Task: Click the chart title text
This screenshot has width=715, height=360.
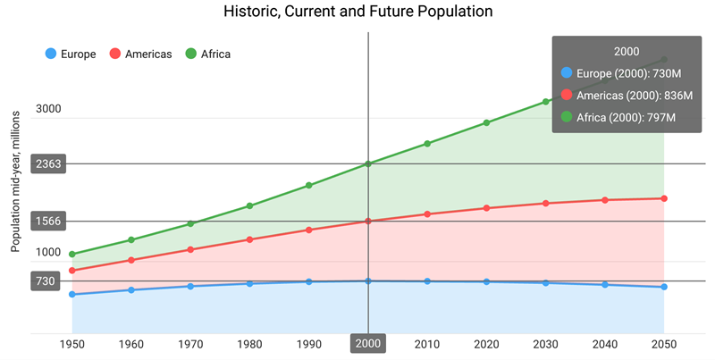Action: click(357, 12)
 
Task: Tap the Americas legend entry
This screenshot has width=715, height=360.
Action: click(141, 54)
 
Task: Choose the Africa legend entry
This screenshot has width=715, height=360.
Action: click(207, 54)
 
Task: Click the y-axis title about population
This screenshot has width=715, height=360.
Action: click(15, 182)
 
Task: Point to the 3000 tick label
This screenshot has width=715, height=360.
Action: click(48, 110)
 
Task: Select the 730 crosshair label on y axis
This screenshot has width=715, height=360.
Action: click(46, 281)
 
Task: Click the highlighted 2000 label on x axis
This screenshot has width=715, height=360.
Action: click(367, 344)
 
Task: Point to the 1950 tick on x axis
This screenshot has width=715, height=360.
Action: click(71, 344)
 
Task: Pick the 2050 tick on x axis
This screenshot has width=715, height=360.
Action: click(664, 344)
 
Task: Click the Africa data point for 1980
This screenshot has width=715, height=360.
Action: click(249, 206)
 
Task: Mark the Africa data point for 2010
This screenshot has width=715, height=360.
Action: click(427, 144)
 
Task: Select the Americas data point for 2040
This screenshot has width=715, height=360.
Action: click(605, 200)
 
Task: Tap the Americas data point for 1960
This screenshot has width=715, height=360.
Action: click(131, 260)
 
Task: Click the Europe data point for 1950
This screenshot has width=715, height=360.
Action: click(71, 294)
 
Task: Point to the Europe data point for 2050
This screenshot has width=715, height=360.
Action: click(664, 287)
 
